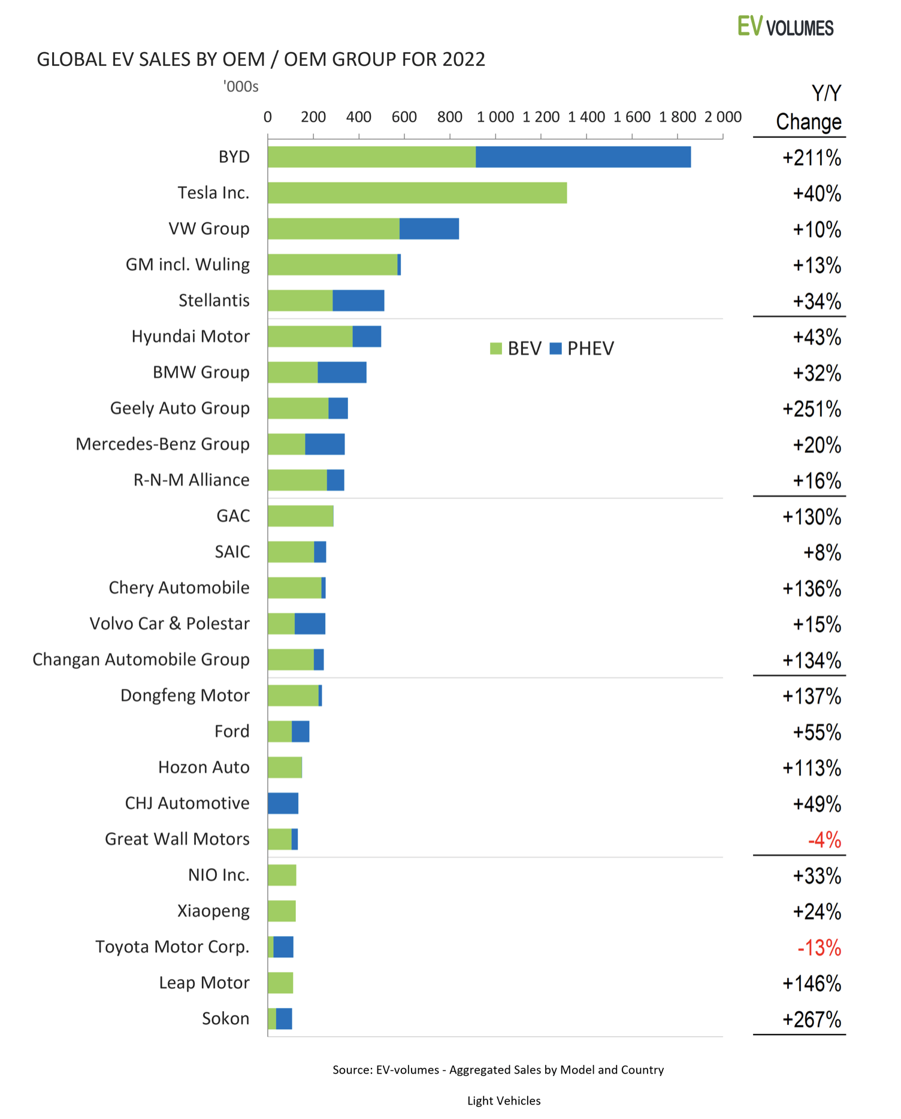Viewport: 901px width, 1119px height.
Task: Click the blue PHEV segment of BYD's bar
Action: point(583,157)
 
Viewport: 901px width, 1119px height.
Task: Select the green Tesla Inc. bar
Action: point(417,193)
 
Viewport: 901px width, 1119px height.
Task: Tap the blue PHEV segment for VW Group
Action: point(429,229)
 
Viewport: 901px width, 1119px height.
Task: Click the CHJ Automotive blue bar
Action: point(283,803)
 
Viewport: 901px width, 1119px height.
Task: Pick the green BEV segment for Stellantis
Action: point(300,301)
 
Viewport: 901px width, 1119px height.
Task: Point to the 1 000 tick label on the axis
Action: point(495,117)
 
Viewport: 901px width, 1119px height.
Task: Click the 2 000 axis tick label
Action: point(722,117)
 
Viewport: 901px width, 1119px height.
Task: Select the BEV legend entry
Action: point(516,349)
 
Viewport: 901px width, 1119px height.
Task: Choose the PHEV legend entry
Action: point(582,349)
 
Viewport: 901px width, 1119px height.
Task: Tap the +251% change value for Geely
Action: point(812,409)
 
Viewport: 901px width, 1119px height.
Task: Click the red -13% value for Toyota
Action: point(819,948)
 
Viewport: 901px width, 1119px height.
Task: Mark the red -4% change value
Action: point(824,840)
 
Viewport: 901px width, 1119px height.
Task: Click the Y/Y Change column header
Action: point(809,108)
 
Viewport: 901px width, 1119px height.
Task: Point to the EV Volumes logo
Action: point(785,27)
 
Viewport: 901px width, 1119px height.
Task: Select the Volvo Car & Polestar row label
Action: point(170,624)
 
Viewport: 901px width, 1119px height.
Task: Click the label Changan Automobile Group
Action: point(141,660)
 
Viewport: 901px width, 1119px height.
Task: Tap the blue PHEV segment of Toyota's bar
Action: point(283,947)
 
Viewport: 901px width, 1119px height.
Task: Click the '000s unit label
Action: point(241,87)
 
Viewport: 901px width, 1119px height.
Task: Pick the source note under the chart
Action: point(498,1070)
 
